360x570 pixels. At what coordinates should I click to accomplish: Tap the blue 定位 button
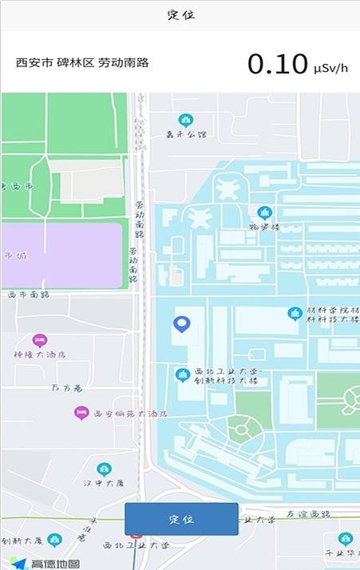[x=181, y=519]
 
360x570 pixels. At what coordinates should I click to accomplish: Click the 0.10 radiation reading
[x=277, y=64]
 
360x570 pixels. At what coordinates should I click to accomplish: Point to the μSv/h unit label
[x=331, y=67]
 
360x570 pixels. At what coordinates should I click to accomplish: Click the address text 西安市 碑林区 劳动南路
[x=82, y=63]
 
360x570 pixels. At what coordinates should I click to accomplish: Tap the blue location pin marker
[x=182, y=324]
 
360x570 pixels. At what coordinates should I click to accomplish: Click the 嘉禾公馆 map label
[x=186, y=135]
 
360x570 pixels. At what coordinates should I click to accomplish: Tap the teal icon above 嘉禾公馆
[x=186, y=121]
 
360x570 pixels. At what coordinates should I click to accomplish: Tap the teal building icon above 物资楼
[x=265, y=213]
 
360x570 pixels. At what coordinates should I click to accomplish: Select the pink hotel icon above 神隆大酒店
[x=39, y=341]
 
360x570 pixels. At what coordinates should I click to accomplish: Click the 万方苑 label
[x=67, y=389]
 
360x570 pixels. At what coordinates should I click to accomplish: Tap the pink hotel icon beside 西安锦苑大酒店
[x=81, y=413]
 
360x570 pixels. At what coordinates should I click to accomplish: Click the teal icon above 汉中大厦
[x=104, y=469]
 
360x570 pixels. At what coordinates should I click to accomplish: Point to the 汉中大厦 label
[x=104, y=483]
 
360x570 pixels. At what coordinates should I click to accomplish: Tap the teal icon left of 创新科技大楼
[x=183, y=374]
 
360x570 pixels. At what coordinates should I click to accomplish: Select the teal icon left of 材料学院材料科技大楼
[x=295, y=314]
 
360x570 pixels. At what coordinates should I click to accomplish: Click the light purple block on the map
[x=61, y=255]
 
